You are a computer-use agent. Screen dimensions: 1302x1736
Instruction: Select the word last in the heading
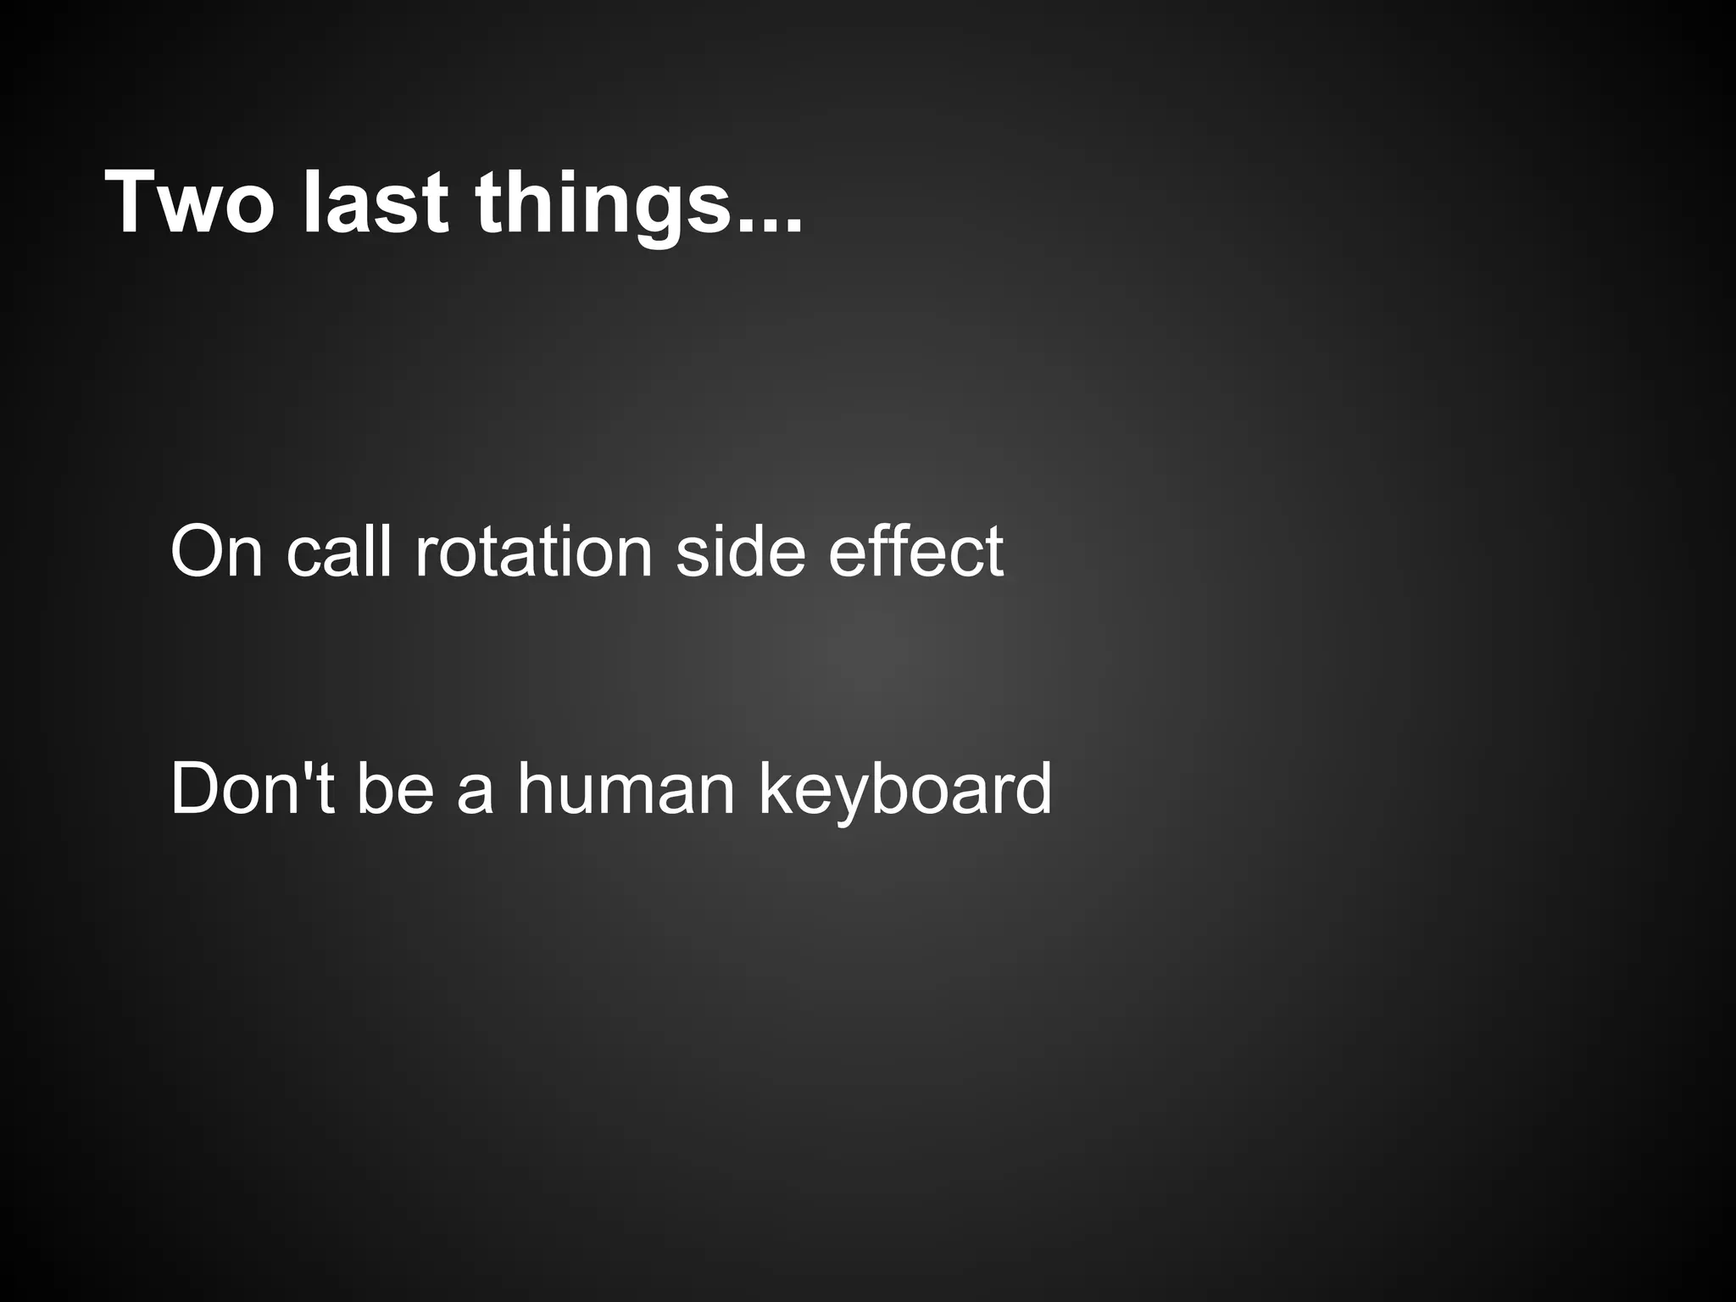tap(375, 203)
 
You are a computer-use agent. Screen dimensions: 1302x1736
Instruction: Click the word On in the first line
tap(217, 551)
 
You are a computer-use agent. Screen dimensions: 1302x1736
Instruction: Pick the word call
tap(339, 551)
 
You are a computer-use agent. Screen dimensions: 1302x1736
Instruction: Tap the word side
tap(739, 551)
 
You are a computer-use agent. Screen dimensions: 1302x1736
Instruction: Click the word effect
tap(915, 551)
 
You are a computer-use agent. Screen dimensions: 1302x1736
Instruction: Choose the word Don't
tap(252, 788)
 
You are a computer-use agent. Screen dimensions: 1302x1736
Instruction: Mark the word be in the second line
tap(395, 788)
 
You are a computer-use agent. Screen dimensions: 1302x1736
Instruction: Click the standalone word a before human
tap(475, 797)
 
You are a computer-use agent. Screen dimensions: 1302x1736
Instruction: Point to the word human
tap(626, 788)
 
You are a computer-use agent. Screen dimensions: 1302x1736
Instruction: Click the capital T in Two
tap(135, 203)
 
